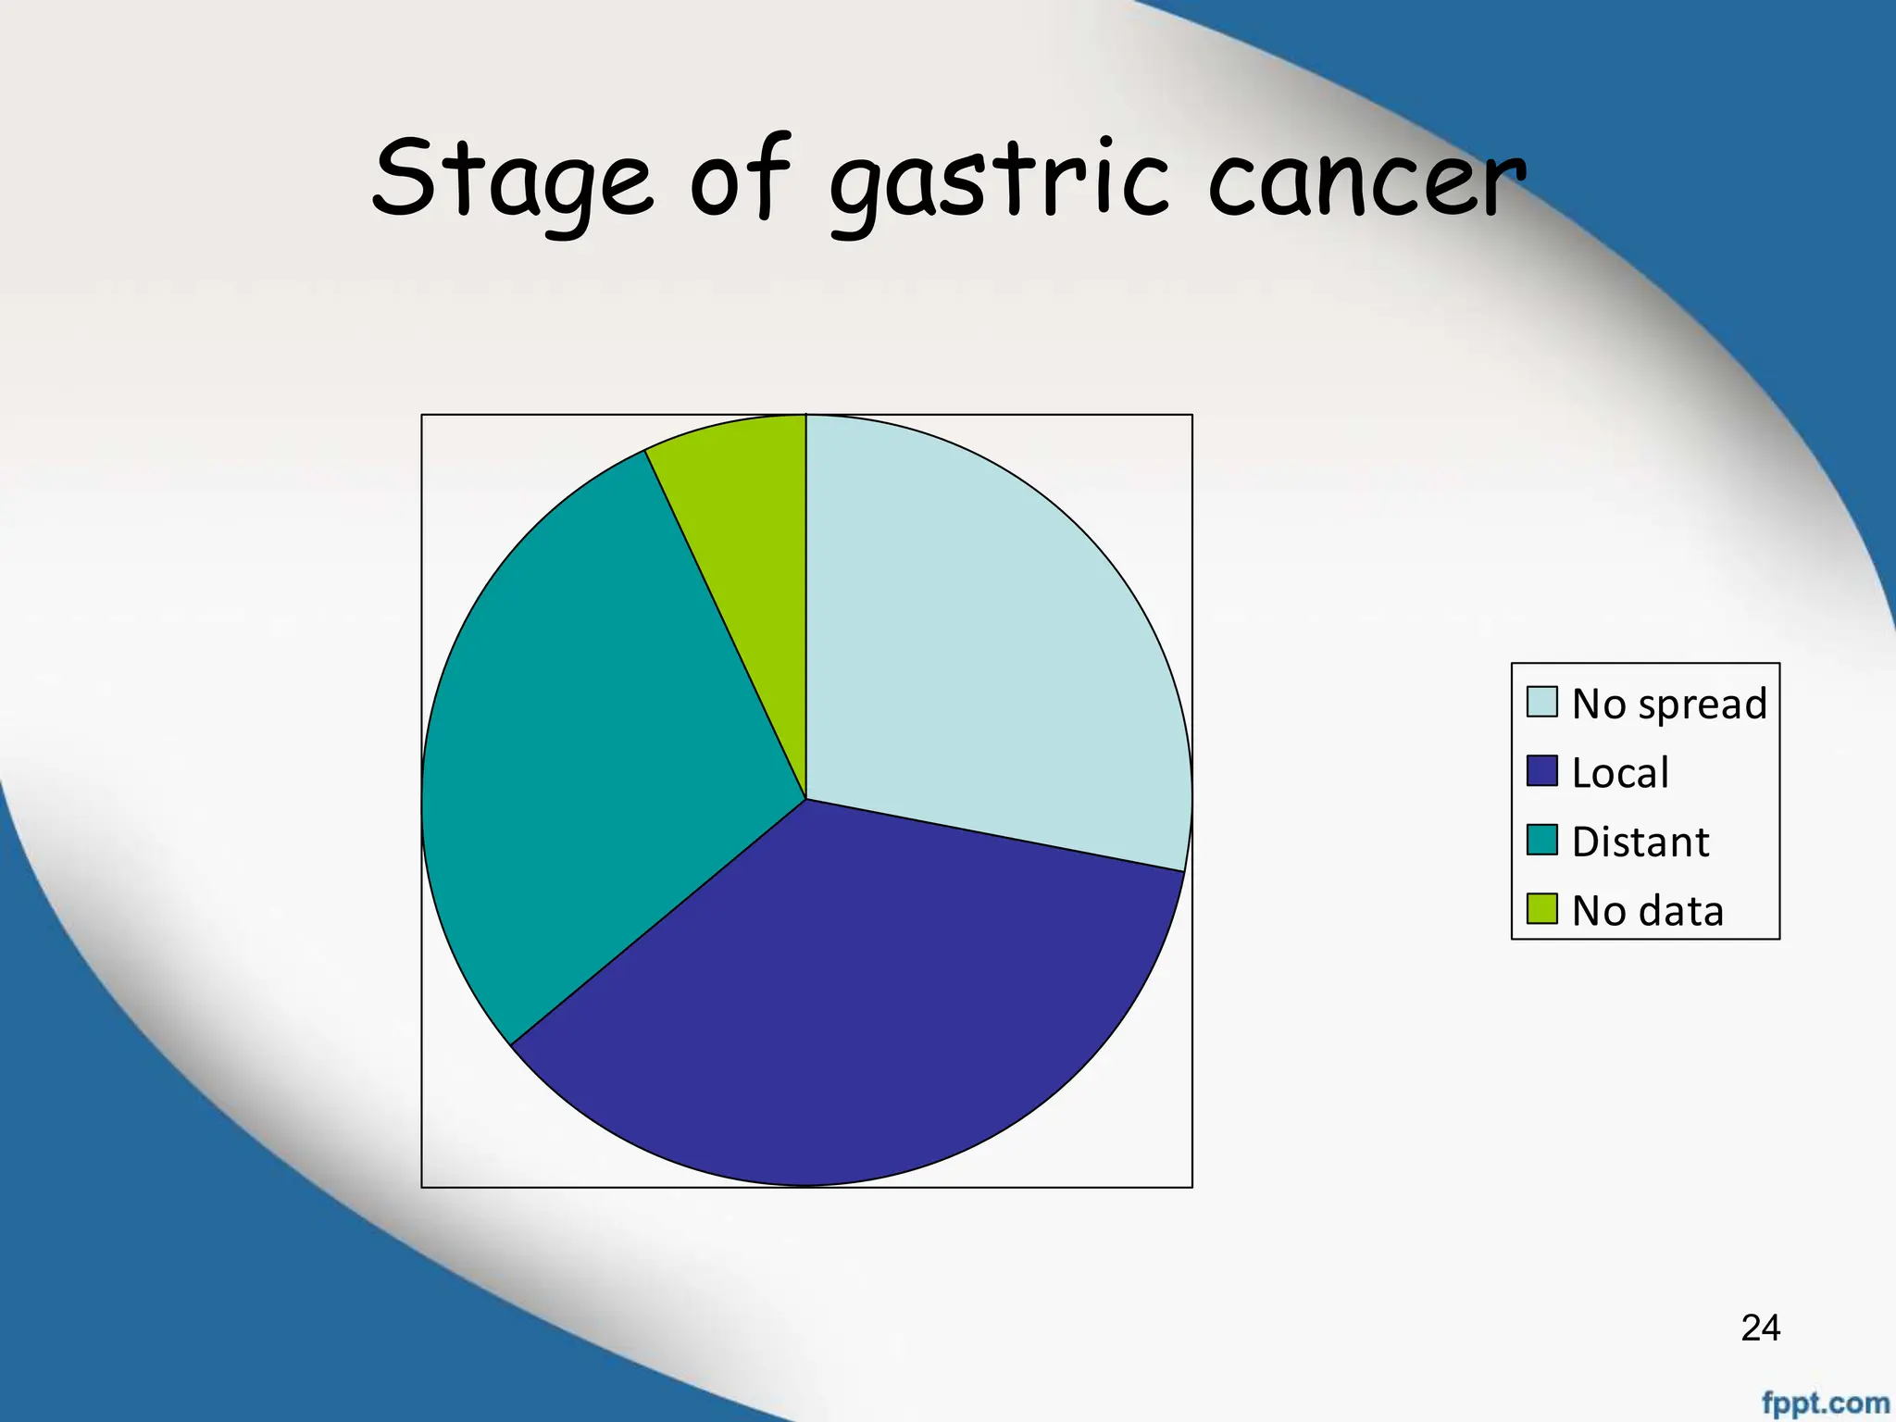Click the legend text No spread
(1669, 704)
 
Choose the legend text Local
(1620, 772)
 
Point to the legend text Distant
(1640, 842)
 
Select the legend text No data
(1647, 911)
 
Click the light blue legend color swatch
(1541, 702)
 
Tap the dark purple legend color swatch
(1541, 771)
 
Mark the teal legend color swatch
(1541, 840)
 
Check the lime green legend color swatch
(1541, 908)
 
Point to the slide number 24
(1760, 1328)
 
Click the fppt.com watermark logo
(1825, 1403)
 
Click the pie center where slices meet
(806, 799)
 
